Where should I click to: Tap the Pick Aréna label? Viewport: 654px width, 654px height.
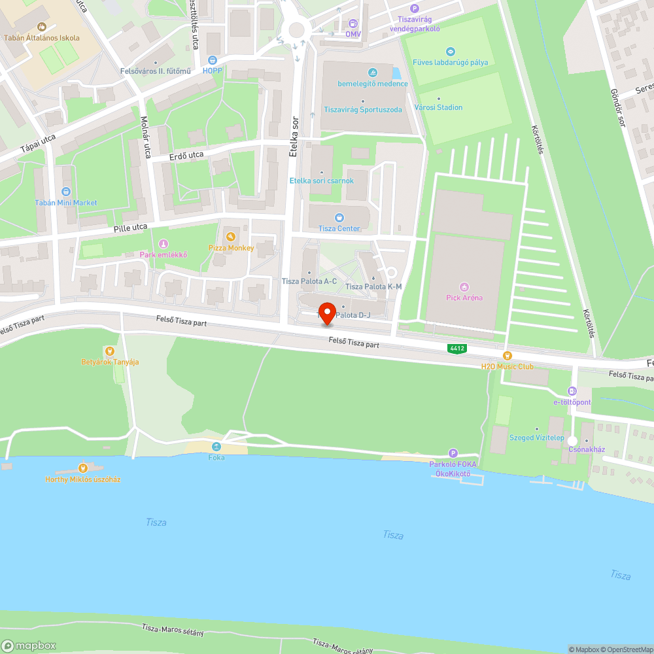tap(464, 298)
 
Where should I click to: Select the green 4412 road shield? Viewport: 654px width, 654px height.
tap(457, 348)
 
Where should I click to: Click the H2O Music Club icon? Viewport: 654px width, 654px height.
tap(507, 356)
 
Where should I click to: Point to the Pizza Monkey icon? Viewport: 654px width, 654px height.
tap(230, 237)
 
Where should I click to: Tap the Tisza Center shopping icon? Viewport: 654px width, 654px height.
tap(339, 218)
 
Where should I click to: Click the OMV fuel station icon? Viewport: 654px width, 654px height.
tap(353, 24)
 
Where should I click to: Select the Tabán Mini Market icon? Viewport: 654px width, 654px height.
tap(65, 192)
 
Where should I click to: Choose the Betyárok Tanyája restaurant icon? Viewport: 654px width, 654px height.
tap(109, 351)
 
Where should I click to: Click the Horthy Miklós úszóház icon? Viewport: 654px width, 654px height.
tap(82, 468)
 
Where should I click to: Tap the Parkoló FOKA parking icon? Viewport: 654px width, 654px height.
tap(453, 453)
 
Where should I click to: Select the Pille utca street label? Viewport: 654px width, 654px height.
tap(129, 228)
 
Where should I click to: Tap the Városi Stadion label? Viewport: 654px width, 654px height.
tap(438, 107)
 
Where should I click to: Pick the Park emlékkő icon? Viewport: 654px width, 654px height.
tap(163, 244)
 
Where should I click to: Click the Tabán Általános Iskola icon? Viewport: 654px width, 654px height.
tap(42, 27)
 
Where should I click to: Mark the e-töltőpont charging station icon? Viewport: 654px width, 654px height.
tap(572, 391)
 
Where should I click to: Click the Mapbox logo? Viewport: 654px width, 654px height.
tap(29, 645)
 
